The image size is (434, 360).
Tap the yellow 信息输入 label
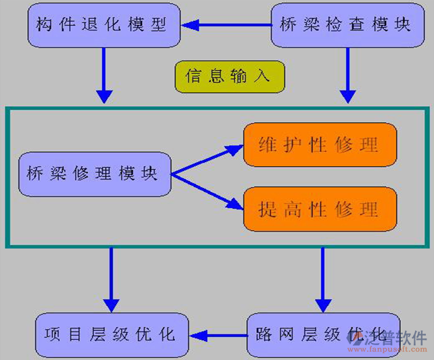tap(229, 76)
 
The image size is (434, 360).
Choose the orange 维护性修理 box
tap(319, 145)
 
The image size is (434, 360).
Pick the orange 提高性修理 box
tap(319, 209)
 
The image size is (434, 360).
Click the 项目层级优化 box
tap(112, 335)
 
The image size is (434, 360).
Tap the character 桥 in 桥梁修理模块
tap(34, 174)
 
